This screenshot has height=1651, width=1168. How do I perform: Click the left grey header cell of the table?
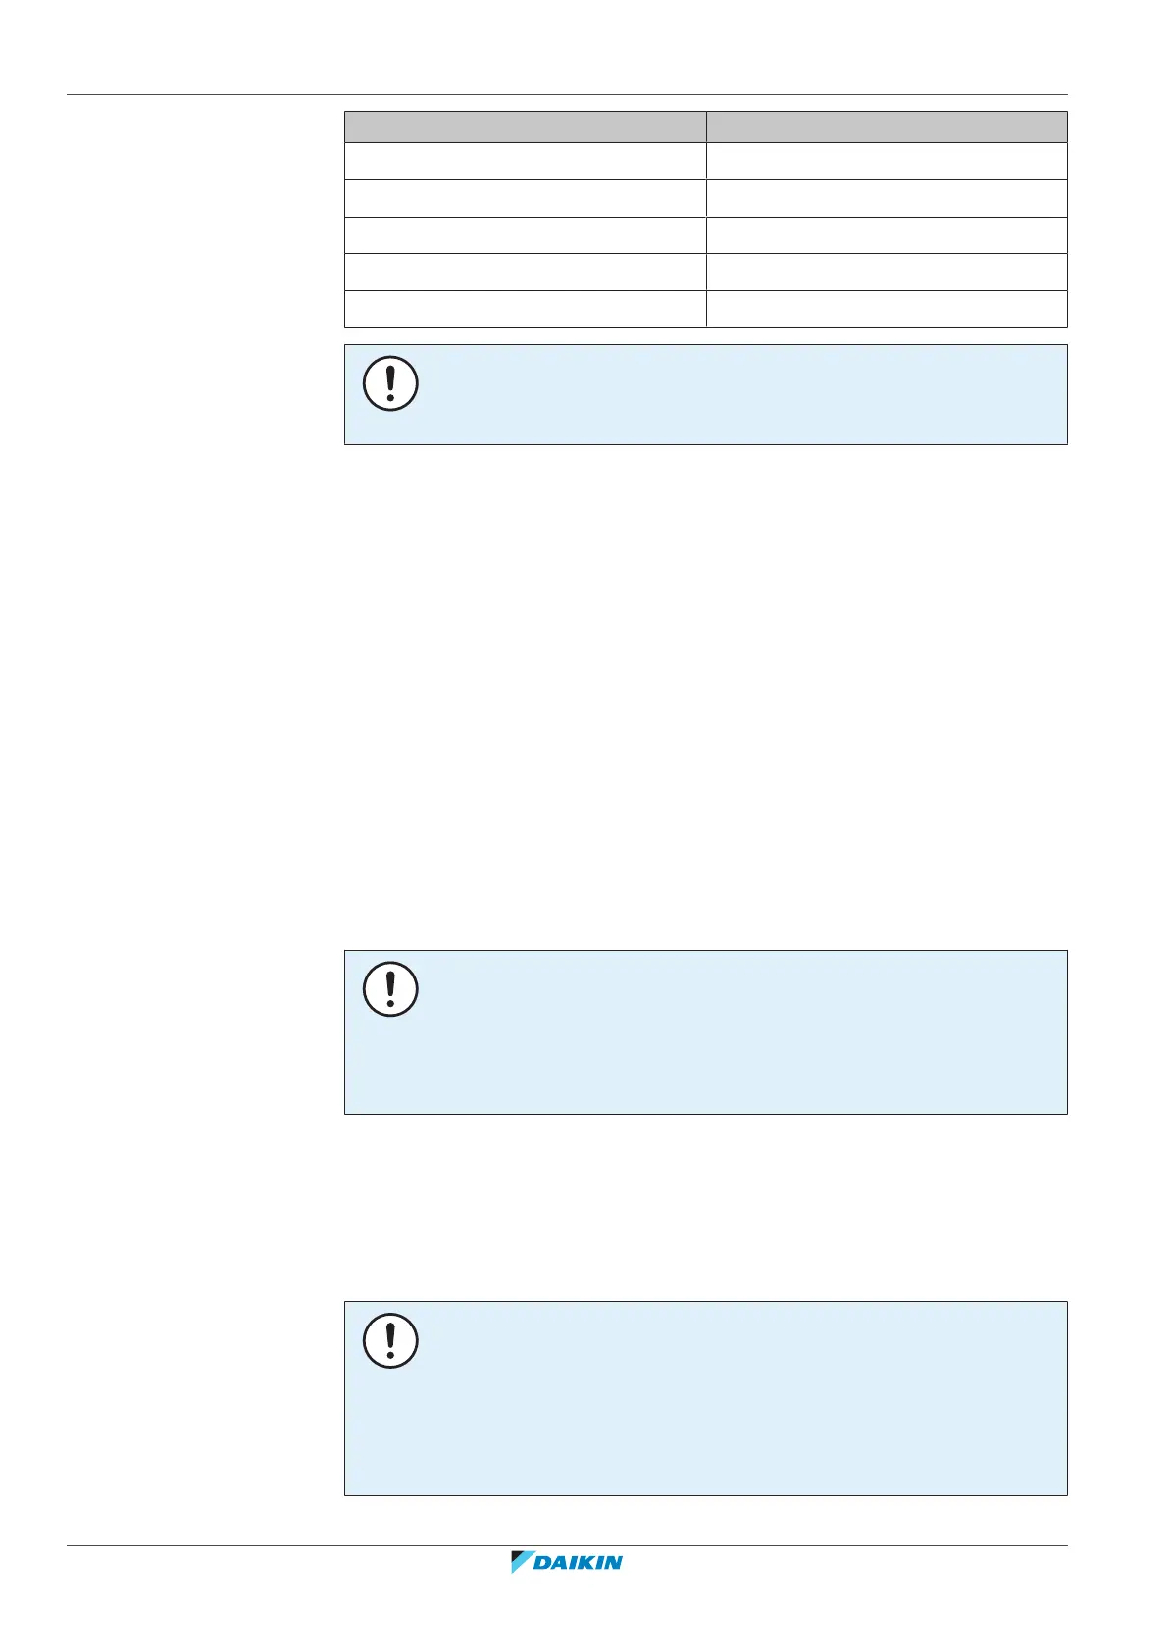[525, 126]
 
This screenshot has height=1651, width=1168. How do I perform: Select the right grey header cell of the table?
[887, 126]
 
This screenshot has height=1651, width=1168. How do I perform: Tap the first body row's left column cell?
[525, 161]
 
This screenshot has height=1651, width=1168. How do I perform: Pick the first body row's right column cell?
[887, 161]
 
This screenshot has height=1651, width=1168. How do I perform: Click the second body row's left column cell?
[525, 198]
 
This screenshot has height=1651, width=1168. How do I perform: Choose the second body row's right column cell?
[887, 198]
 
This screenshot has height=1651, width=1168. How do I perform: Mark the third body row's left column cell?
[525, 235]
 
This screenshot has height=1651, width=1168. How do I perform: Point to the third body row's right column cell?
[887, 235]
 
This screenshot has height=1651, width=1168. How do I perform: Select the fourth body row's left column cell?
[525, 272]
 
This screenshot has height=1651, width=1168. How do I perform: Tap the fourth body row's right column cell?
[887, 272]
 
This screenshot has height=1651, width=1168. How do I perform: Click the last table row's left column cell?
[525, 309]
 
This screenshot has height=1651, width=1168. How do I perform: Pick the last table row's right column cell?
[887, 309]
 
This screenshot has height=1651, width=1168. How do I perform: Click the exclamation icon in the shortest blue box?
[390, 383]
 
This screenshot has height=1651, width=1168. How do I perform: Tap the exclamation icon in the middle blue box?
[390, 989]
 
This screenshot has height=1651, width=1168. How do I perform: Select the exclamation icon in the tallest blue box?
[390, 1341]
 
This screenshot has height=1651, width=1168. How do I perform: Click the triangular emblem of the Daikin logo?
[521, 1562]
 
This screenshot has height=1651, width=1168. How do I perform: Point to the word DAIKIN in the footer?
[578, 1563]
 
